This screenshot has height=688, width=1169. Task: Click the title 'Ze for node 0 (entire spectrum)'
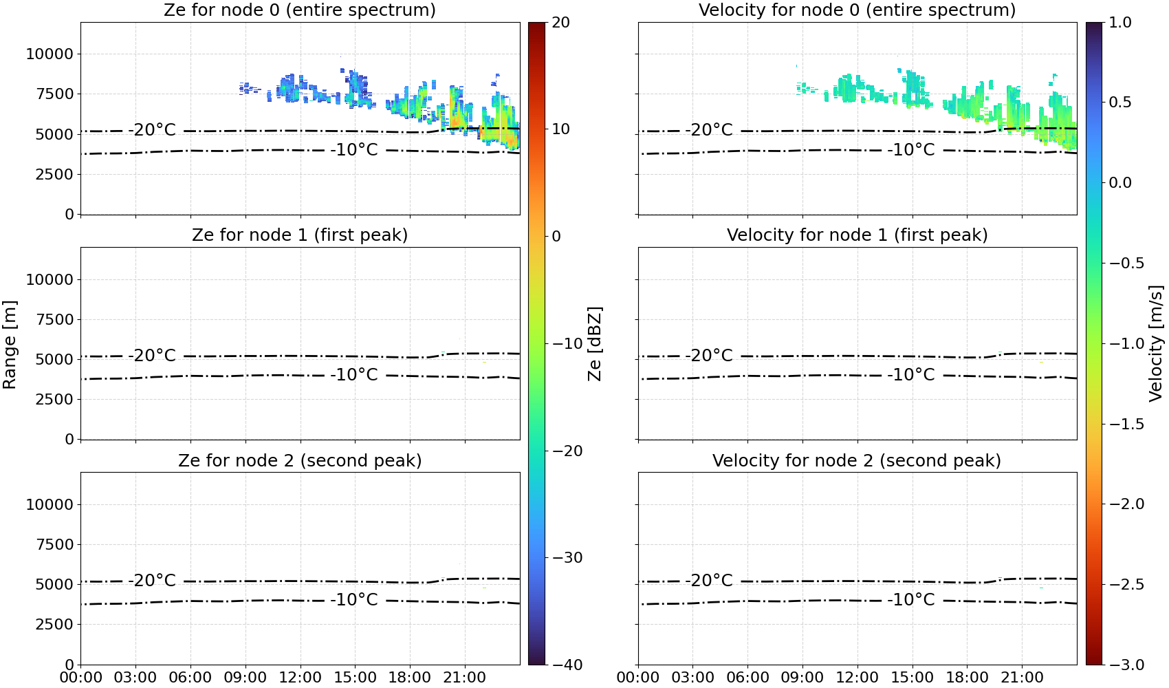[x=300, y=10]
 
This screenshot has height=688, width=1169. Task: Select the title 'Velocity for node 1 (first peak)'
[x=857, y=235]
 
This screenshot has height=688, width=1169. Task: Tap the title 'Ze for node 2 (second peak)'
[x=300, y=460]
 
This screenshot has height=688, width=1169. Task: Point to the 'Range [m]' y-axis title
[x=10, y=345]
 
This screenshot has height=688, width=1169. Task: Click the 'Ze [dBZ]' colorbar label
[x=594, y=343]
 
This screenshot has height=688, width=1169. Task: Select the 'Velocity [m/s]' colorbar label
[x=1156, y=343]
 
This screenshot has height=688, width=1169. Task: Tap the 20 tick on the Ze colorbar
[x=561, y=23]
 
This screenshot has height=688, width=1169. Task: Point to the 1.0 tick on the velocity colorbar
[x=1120, y=23]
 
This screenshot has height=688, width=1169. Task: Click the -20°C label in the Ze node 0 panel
[x=152, y=130]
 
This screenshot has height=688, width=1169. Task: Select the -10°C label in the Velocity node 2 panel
[x=910, y=600]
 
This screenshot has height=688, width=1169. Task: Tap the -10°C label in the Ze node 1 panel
[x=354, y=375]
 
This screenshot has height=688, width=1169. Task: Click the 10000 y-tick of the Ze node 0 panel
[x=50, y=54]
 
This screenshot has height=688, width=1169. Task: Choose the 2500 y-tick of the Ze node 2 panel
[x=54, y=624]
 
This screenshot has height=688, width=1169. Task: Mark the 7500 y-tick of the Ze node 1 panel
[x=54, y=319]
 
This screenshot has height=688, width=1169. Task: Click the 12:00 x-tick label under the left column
[x=300, y=678]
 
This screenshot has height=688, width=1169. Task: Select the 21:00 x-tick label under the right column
[x=1022, y=678]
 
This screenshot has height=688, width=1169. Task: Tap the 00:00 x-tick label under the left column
[x=81, y=678]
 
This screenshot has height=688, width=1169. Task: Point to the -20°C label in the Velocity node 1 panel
[x=709, y=356]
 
